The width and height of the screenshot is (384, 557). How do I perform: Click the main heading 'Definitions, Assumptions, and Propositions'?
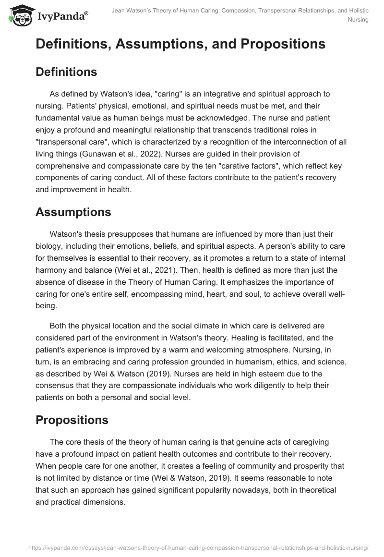click(x=180, y=44)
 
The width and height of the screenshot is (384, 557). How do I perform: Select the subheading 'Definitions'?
click(x=66, y=72)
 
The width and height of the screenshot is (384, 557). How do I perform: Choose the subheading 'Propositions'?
click(x=72, y=420)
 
